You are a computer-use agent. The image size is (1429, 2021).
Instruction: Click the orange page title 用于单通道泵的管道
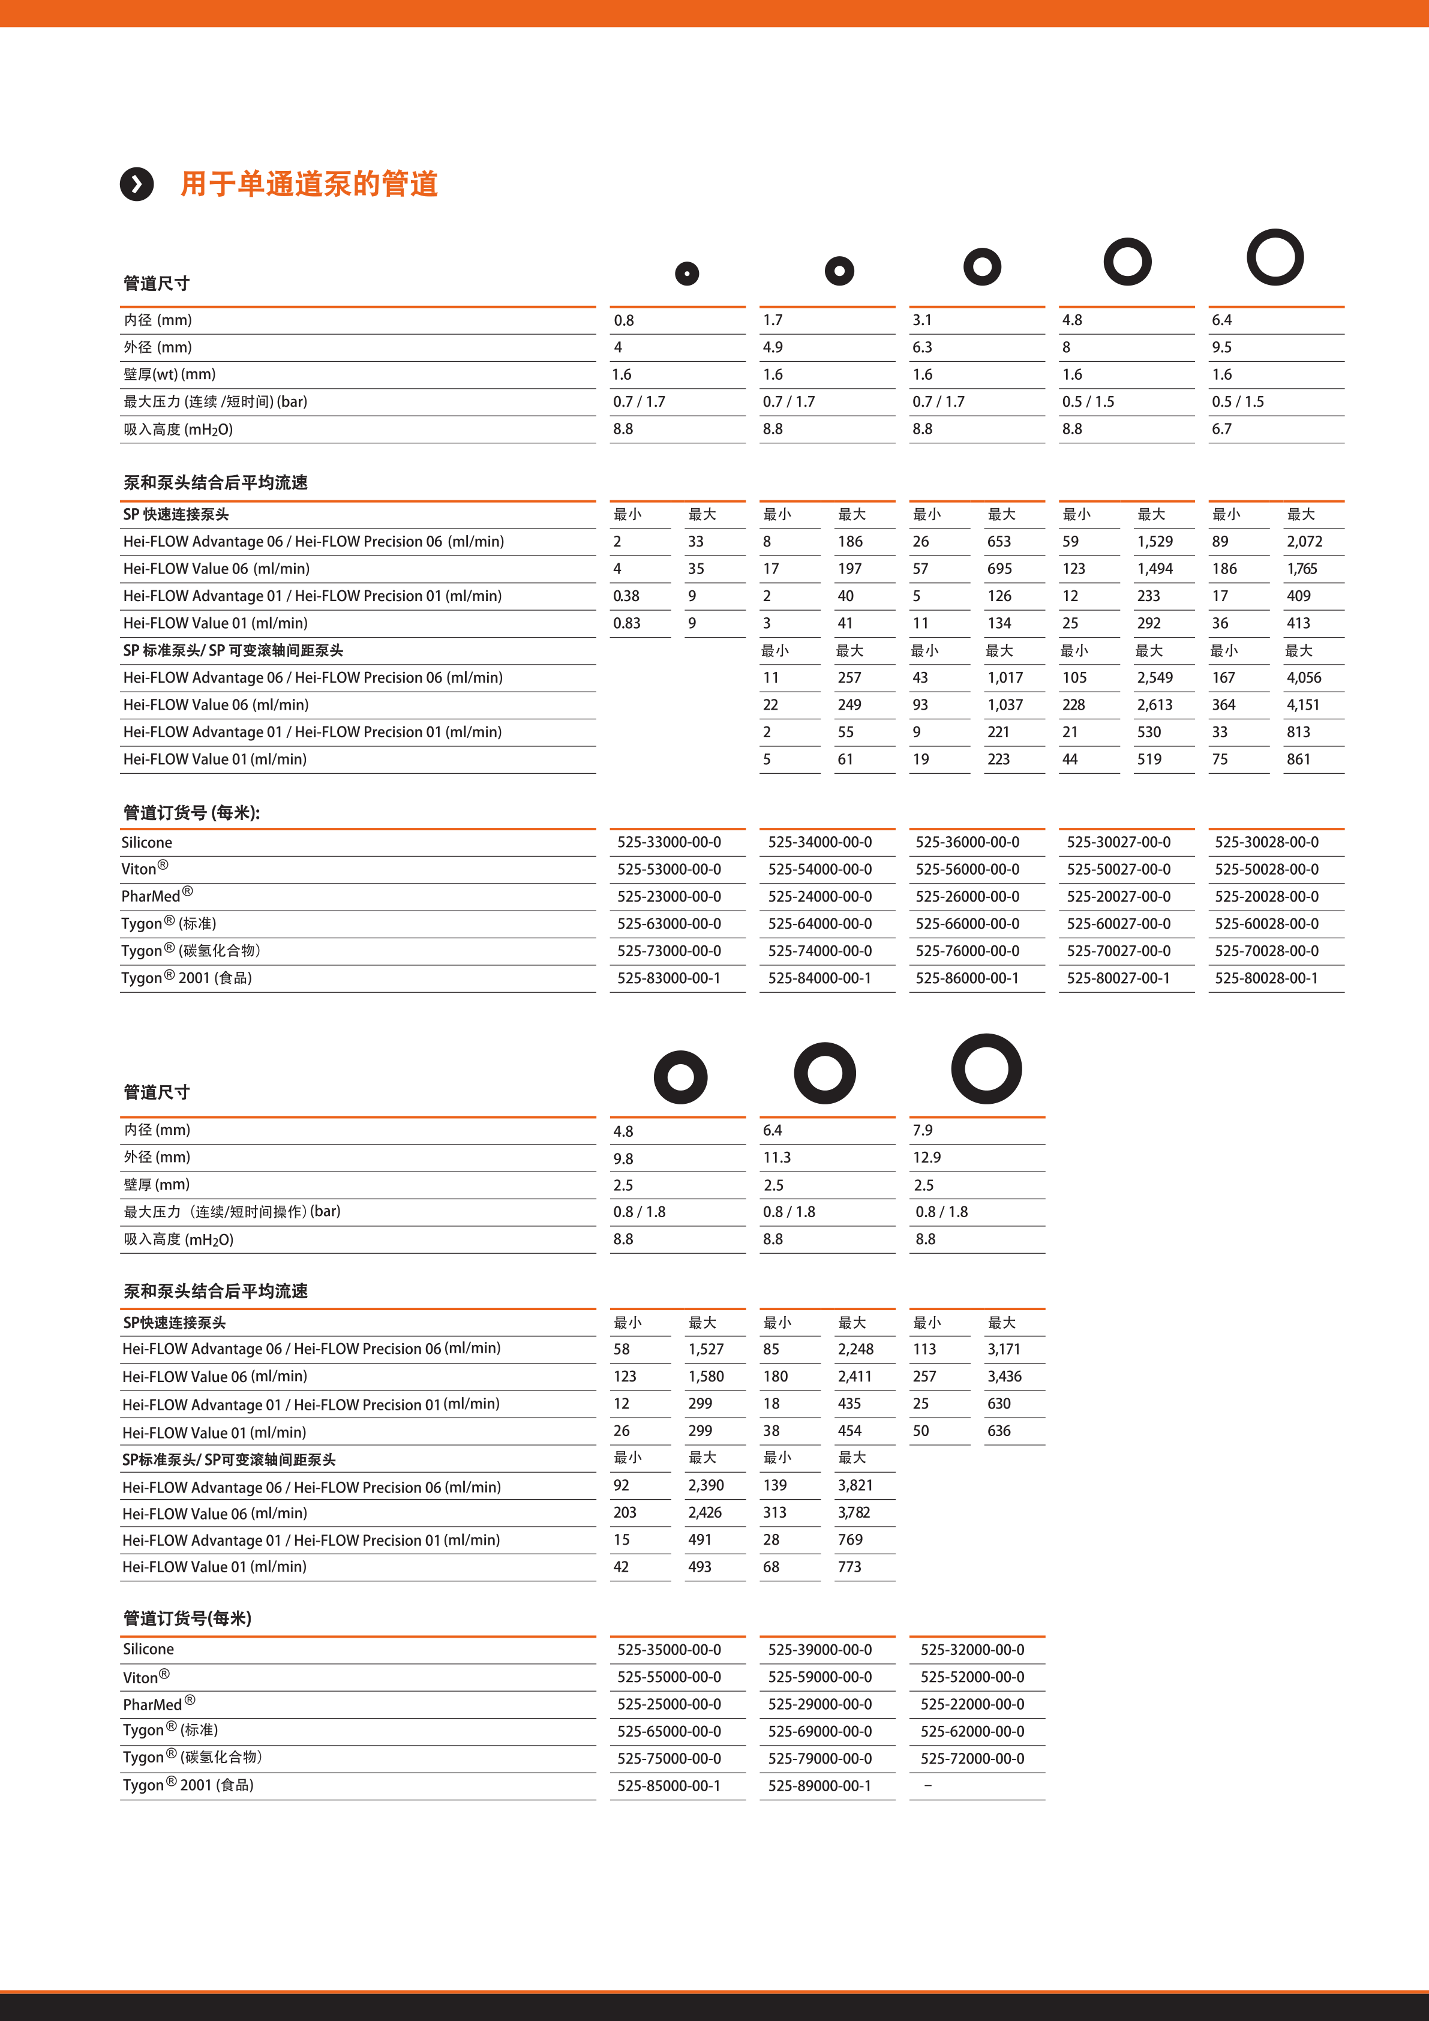(x=309, y=184)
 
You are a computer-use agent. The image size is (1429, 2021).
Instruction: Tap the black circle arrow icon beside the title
(x=136, y=184)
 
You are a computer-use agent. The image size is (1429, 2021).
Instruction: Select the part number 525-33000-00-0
(x=668, y=842)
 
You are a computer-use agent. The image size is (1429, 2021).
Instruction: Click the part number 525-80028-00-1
(x=1266, y=978)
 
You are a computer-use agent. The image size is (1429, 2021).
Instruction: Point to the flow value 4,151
(x=1303, y=705)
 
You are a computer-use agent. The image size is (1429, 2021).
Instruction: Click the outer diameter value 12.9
(x=926, y=1158)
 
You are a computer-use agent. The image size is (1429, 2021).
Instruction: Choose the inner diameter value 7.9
(x=922, y=1130)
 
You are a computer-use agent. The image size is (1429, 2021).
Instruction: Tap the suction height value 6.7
(x=1221, y=430)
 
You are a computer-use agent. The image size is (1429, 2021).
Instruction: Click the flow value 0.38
(x=626, y=596)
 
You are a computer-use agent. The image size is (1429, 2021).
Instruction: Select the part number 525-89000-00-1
(x=819, y=1786)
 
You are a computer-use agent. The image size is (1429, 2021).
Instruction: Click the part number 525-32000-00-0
(x=972, y=1650)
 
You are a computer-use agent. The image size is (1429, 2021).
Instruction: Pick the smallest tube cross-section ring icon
(x=687, y=274)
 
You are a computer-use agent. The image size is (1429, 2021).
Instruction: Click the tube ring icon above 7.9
(x=986, y=1068)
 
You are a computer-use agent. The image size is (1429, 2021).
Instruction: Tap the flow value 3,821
(x=855, y=1486)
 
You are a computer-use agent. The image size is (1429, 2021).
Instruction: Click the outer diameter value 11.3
(x=776, y=1158)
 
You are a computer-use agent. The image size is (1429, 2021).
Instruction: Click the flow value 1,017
(x=1005, y=678)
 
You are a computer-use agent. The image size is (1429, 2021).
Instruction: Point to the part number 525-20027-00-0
(x=1118, y=897)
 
